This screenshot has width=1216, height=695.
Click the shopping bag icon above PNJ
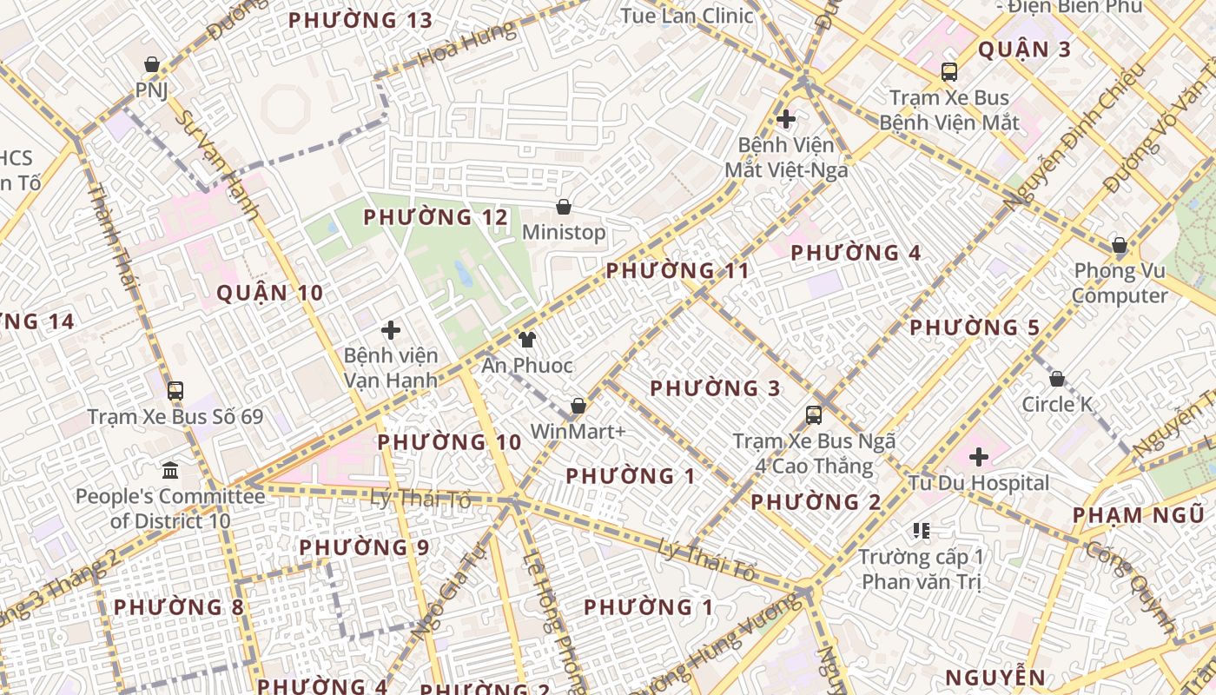(x=152, y=64)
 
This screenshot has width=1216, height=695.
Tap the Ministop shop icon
(x=564, y=207)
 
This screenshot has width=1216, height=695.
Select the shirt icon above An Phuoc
(x=526, y=340)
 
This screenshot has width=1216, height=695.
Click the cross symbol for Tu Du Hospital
(x=979, y=456)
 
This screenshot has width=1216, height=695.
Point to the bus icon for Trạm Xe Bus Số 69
(x=175, y=391)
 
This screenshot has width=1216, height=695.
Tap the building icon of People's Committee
(x=170, y=471)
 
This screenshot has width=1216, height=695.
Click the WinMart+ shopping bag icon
(x=578, y=406)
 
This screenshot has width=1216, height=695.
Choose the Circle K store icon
(x=1057, y=379)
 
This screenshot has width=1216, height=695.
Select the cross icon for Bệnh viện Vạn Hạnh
(x=391, y=330)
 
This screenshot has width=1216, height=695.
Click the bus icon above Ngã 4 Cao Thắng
(x=814, y=415)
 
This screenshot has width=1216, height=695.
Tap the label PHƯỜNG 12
(x=435, y=217)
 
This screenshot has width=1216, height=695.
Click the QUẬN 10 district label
(x=269, y=293)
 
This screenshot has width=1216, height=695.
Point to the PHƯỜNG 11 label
(x=677, y=270)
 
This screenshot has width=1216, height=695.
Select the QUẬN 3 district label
(x=1025, y=50)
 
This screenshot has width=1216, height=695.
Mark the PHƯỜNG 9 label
(x=364, y=547)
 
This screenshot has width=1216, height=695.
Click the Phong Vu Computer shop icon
(x=1120, y=246)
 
